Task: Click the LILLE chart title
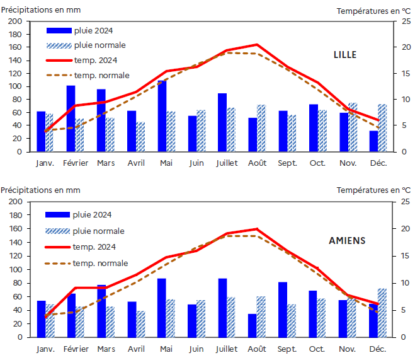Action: coord(344,55)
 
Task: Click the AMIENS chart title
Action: coord(347,240)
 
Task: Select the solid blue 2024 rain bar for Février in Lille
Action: coord(71,119)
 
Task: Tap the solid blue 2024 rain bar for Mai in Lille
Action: coord(162,116)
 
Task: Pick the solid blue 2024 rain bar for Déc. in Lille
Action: coord(373,141)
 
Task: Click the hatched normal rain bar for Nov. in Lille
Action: coord(353,127)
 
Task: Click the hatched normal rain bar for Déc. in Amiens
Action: coord(382,313)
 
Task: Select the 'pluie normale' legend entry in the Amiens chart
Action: coord(98,231)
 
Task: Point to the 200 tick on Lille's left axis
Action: coord(16,21)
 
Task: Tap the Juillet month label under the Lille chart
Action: coord(226,163)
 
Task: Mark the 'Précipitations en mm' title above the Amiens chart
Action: coord(40,190)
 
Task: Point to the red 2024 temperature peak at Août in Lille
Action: coord(256,45)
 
